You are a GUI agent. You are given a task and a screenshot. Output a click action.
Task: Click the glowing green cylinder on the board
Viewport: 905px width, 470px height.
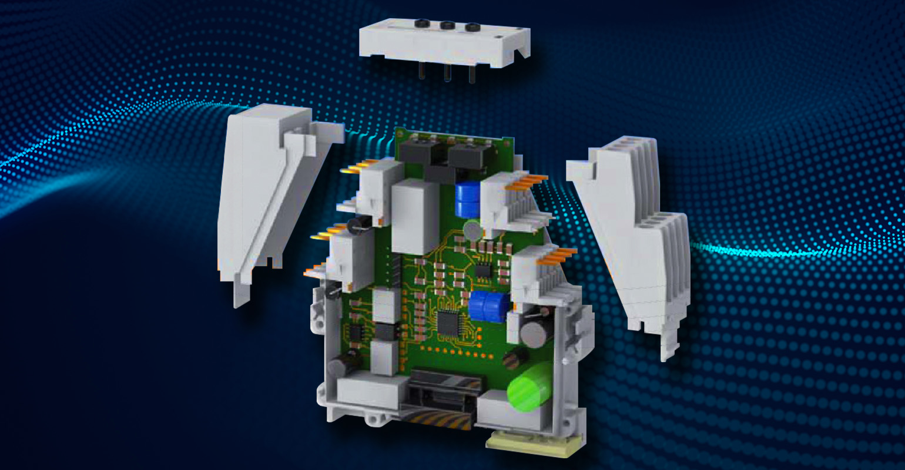pyautogui.click(x=531, y=387)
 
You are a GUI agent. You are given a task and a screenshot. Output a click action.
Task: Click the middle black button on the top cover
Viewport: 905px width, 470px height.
pyautogui.click(x=447, y=25)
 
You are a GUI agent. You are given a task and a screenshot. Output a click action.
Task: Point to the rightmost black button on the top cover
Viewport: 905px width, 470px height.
pyautogui.click(x=472, y=27)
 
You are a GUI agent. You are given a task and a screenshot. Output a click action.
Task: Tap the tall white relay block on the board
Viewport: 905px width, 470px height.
pyautogui.click(x=415, y=217)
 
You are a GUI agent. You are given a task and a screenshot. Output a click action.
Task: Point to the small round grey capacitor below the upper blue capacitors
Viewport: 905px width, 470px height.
pyautogui.click(x=472, y=229)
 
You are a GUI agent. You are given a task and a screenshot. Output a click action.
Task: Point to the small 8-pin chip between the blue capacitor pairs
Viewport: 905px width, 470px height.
pyautogui.click(x=483, y=270)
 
